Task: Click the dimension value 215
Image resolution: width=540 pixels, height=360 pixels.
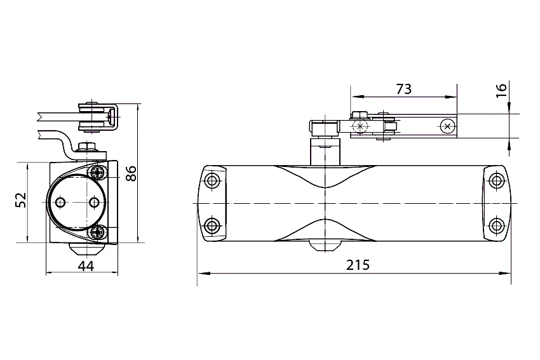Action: click(358, 265)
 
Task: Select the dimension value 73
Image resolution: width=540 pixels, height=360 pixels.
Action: click(403, 89)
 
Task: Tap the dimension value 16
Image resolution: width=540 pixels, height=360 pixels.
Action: click(502, 91)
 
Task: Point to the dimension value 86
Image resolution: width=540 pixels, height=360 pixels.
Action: click(132, 173)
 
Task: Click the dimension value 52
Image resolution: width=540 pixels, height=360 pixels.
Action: click(21, 200)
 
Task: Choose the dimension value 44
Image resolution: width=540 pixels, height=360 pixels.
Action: click(86, 266)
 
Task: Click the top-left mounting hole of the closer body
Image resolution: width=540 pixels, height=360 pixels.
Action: click(212, 180)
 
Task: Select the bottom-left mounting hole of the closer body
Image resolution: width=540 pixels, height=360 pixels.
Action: click(212, 226)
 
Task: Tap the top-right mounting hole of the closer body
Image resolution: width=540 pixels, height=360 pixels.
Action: click(496, 180)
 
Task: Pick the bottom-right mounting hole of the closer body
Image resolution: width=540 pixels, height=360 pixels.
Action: click(496, 226)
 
